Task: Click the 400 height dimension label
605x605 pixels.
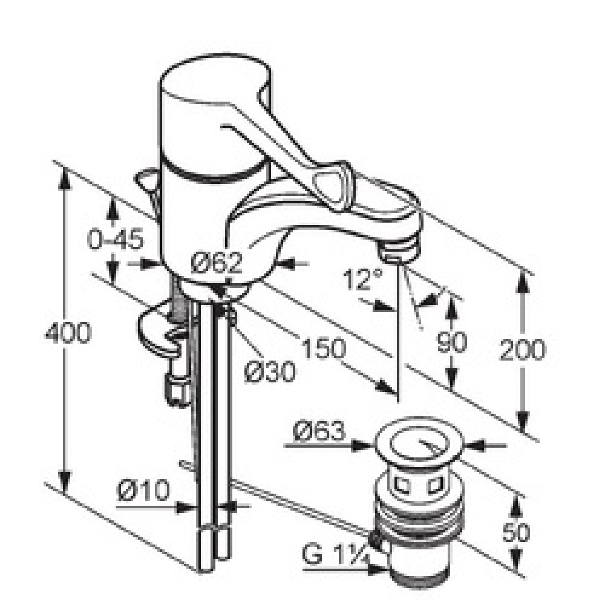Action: coord(68,333)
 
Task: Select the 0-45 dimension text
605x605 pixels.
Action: coord(116,239)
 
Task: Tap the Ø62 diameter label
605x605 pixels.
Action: coord(217,263)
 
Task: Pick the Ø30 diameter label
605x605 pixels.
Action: coord(271,372)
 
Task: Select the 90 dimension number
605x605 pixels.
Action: coord(451,342)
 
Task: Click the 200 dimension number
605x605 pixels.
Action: coord(523,350)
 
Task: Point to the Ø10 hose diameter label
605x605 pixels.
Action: coord(143,490)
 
